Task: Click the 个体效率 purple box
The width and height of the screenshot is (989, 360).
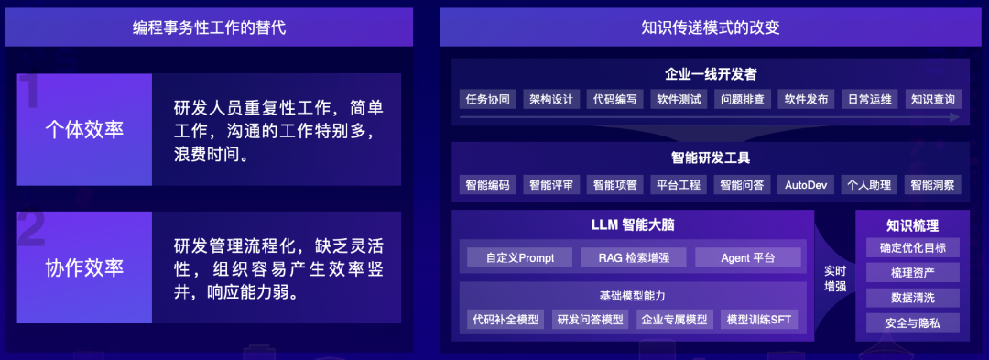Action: coord(84,130)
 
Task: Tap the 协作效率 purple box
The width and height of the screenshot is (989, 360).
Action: coord(84,267)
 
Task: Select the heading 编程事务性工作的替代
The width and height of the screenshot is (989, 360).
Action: coord(209,27)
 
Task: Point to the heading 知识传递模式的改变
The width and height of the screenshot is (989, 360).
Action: coord(711,27)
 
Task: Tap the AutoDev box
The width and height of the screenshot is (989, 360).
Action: coord(806,184)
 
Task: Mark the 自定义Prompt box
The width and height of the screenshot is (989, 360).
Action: coord(518,257)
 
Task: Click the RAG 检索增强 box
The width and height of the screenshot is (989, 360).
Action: coord(633,257)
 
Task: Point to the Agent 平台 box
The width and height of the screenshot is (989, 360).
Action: coord(747,257)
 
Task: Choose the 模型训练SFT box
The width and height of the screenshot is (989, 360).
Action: coord(758,320)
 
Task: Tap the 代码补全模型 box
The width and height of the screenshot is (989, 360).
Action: coord(505,320)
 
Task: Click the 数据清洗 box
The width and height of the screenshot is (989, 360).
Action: coord(912,298)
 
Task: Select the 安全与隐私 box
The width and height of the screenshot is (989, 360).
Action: coord(912,322)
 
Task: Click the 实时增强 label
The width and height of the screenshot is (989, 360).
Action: coord(834,278)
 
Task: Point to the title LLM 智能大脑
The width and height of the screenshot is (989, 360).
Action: coord(633,224)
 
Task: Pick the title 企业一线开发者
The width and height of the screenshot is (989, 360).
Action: coord(710,73)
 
